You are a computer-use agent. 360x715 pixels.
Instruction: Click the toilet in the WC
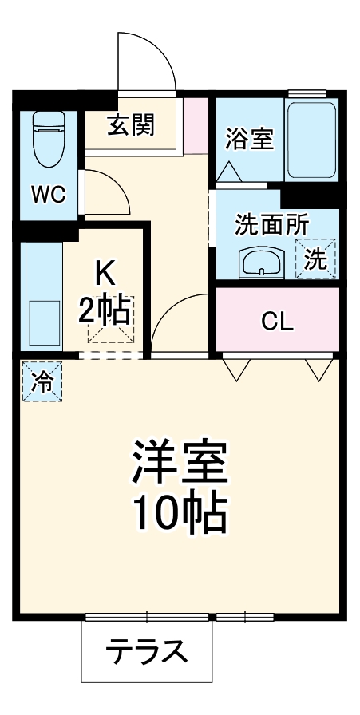(49, 139)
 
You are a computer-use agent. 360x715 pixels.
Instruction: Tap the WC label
(48, 196)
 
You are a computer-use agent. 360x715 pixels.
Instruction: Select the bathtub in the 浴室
(312, 140)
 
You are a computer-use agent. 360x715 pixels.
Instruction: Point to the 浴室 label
(249, 139)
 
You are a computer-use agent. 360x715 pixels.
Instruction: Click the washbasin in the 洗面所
(262, 262)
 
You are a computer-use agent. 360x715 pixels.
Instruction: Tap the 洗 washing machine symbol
(316, 259)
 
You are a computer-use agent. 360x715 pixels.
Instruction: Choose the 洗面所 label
(271, 224)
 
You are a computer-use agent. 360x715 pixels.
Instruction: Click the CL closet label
(276, 322)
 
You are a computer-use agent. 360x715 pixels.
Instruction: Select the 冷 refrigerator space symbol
(42, 381)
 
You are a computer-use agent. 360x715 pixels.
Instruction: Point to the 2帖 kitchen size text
(104, 310)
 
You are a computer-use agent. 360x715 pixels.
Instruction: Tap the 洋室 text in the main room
(180, 461)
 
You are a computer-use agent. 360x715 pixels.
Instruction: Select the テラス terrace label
(146, 651)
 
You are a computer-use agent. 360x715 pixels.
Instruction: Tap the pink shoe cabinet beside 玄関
(196, 126)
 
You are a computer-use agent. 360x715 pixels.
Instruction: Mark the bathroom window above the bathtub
(307, 93)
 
